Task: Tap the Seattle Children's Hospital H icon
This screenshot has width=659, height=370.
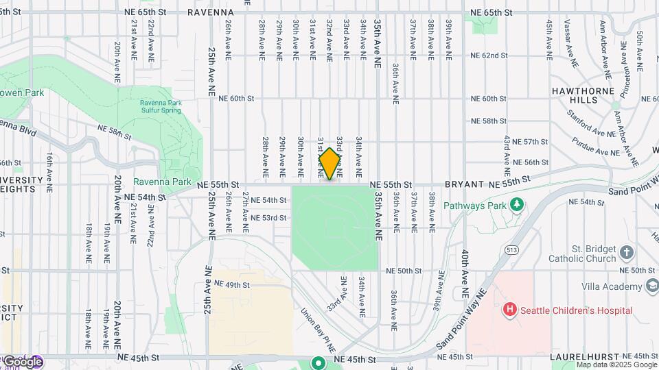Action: point(510,310)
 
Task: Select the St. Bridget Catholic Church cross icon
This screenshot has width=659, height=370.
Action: point(626,254)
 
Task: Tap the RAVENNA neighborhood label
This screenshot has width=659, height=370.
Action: point(212,12)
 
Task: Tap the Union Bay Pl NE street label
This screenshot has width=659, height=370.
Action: point(318,332)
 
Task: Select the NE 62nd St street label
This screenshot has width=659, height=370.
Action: point(489,56)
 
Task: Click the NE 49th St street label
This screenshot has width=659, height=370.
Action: point(232,284)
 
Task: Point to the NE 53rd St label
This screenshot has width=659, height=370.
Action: point(268,218)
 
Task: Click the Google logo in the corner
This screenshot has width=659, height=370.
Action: point(23,362)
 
